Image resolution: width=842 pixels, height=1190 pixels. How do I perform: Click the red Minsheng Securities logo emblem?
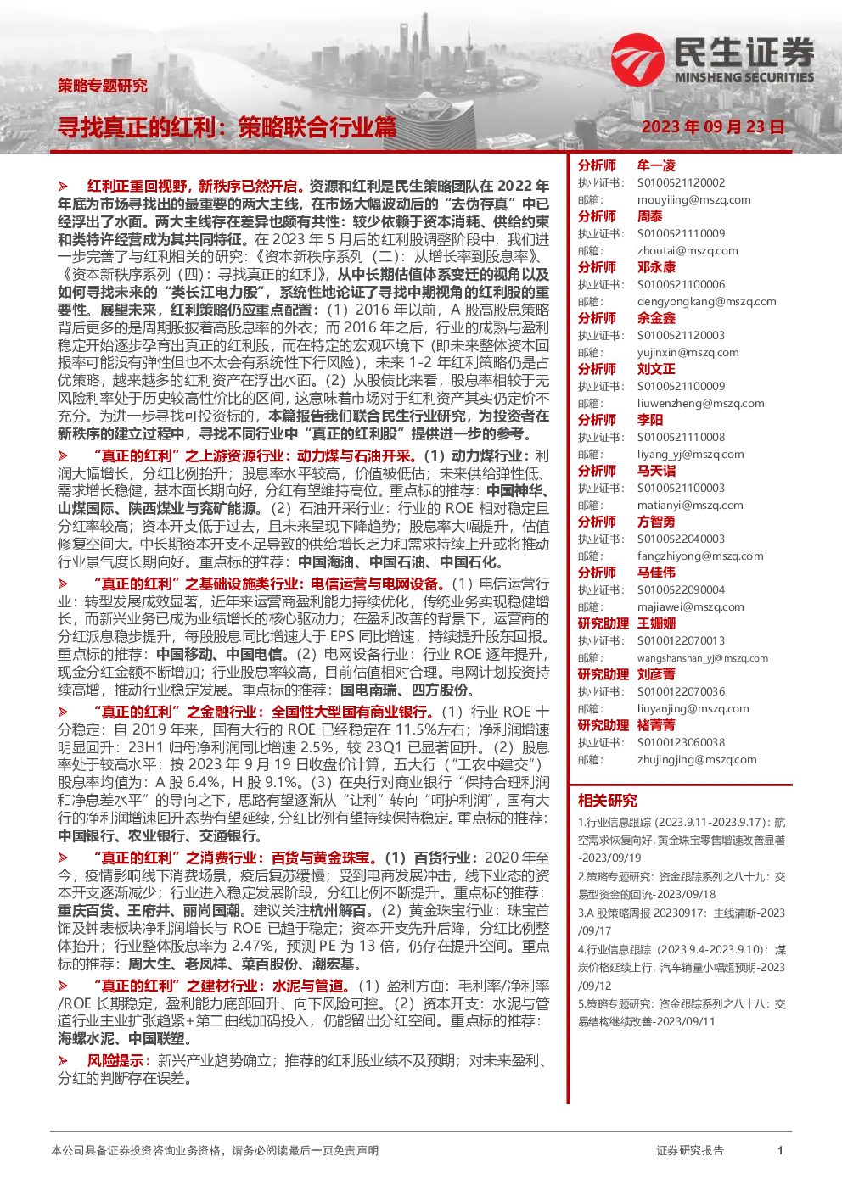point(637,59)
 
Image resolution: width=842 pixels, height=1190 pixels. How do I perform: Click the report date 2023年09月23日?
point(713,127)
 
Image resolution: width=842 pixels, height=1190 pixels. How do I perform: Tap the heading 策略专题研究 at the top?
point(103,86)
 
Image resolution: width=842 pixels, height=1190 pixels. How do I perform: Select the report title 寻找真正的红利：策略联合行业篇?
point(227,127)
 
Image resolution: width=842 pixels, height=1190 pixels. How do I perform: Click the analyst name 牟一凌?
point(656,165)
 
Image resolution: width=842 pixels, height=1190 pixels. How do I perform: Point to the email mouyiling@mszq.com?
point(694,200)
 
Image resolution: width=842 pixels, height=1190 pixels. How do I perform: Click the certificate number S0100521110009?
point(681,233)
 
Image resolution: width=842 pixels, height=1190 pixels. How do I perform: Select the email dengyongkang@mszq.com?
point(707,302)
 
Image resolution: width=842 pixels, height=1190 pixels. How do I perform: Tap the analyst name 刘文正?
point(656,369)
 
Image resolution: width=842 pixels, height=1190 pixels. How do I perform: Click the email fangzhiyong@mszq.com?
point(700,556)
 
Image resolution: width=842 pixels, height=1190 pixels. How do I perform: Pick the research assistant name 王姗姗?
point(656,623)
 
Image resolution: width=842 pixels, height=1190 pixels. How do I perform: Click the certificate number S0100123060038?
point(681,742)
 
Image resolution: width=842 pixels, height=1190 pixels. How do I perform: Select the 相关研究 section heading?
point(608,801)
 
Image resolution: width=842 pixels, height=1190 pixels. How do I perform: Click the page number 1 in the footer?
point(780,1151)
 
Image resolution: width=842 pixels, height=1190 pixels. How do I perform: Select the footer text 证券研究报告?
point(690,1151)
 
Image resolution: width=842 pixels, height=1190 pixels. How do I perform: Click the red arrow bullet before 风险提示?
point(63,1061)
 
